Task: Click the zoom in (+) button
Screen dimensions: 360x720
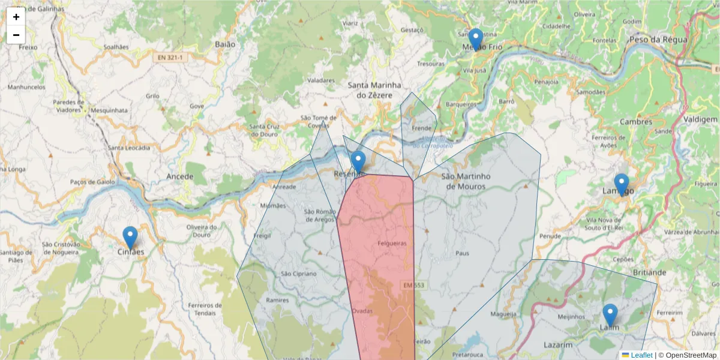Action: tap(16, 17)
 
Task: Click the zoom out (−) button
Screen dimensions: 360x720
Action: tap(16, 35)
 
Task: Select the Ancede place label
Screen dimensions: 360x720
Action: tap(180, 176)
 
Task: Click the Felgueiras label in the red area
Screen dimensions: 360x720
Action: tap(392, 244)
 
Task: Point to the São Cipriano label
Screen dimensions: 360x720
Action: tap(298, 274)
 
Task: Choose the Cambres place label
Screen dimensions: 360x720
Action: tap(636, 122)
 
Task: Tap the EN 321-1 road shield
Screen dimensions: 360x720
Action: tap(170, 58)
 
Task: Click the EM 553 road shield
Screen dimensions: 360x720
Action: tap(414, 285)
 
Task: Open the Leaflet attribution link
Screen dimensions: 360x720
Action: tap(641, 355)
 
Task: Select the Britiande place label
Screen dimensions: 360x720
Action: tap(649, 272)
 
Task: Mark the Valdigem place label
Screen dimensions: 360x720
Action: tap(700, 119)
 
